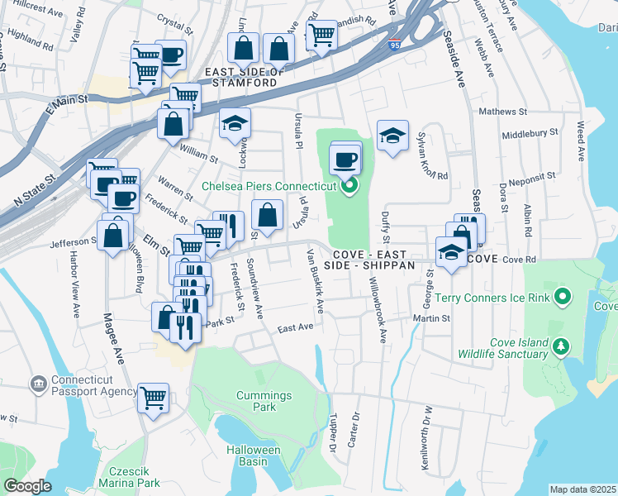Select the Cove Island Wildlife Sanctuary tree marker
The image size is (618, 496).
pyautogui.click(x=562, y=345)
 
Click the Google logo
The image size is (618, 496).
pyautogui.click(x=27, y=486)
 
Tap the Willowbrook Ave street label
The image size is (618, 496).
pyautogui.click(x=379, y=310)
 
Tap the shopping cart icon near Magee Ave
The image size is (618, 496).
pyautogui.click(x=154, y=398)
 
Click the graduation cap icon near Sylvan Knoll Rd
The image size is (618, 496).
pyautogui.click(x=393, y=136)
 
